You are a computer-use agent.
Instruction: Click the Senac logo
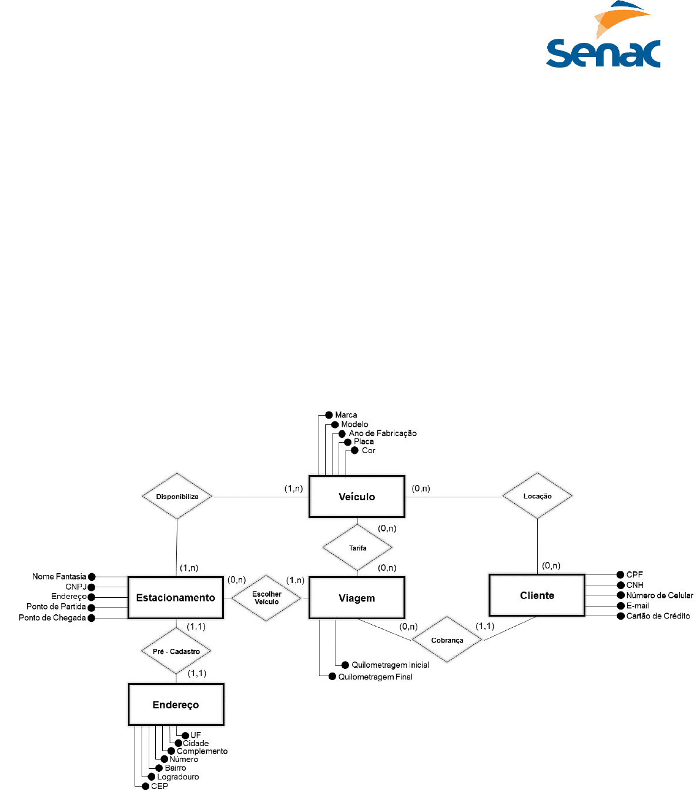[x=603, y=36]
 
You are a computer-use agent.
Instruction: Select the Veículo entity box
[x=357, y=497]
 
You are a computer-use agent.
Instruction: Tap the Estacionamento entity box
[x=176, y=598]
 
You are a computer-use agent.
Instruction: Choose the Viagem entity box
[x=357, y=598]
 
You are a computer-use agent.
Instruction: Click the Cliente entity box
[x=537, y=595]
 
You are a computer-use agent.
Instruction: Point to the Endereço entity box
[x=176, y=705]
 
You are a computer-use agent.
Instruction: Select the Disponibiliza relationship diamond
[x=177, y=497]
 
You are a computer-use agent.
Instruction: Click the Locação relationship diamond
[x=537, y=496]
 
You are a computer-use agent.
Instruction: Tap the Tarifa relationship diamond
[x=357, y=548]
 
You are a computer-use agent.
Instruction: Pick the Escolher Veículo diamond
[x=267, y=598]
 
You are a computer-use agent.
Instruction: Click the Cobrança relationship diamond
[x=447, y=640]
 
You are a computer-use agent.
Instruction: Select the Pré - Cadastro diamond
[x=176, y=651]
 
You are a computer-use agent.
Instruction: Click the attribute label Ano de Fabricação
[x=383, y=433]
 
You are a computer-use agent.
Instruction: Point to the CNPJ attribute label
[x=76, y=587]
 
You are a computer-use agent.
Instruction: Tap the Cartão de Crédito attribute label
[x=658, y=616]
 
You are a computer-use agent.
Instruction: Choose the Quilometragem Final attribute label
[x=375, y=677]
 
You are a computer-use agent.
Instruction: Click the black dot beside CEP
[x=145, y=786]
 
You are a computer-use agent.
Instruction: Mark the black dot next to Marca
[x=329, y=415]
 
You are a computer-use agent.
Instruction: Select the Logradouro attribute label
[x=178, y=777]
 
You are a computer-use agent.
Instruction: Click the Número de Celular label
[x=659, y=595]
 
